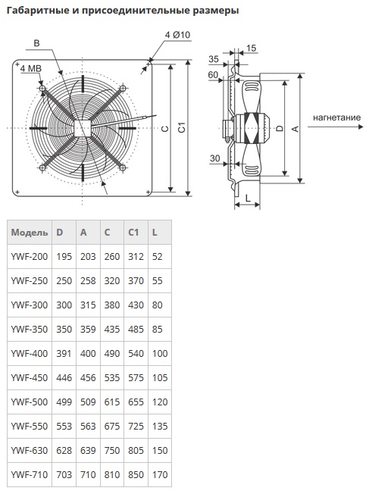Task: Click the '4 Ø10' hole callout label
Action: (177, 35)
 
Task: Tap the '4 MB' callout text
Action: (31, 68)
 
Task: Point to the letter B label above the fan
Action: (36, 43)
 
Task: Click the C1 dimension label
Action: (182, 127)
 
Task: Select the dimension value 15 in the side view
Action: (251, 48)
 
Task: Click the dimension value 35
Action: (214, 59)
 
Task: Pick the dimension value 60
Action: (213, 75)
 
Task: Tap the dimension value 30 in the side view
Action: (214, 158)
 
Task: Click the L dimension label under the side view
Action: (248, 199)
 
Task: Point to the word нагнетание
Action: (336, 117)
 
